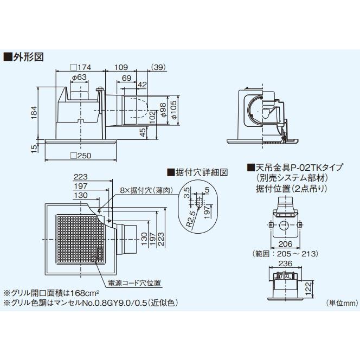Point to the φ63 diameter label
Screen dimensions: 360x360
79,78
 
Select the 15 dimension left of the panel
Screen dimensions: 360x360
35,147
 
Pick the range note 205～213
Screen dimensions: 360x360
293,253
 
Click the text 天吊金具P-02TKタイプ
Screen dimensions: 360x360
291,168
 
